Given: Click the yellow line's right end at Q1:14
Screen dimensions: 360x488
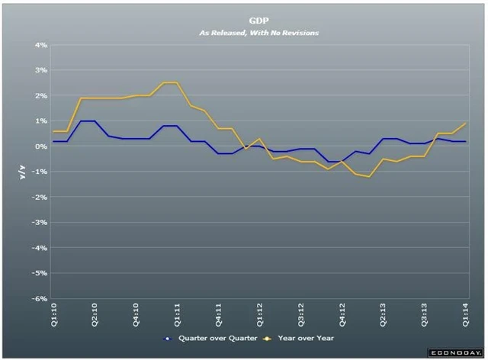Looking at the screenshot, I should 466,124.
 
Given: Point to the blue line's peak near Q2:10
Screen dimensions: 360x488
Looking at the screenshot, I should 87,121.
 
